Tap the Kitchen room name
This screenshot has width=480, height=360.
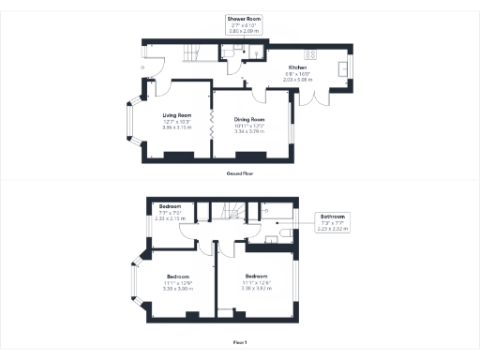298,68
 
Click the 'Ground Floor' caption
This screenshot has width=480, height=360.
241,173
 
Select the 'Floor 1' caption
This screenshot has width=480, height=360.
241,342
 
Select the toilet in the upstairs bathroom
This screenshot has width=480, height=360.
265,235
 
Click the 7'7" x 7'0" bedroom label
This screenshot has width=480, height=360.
170,212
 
